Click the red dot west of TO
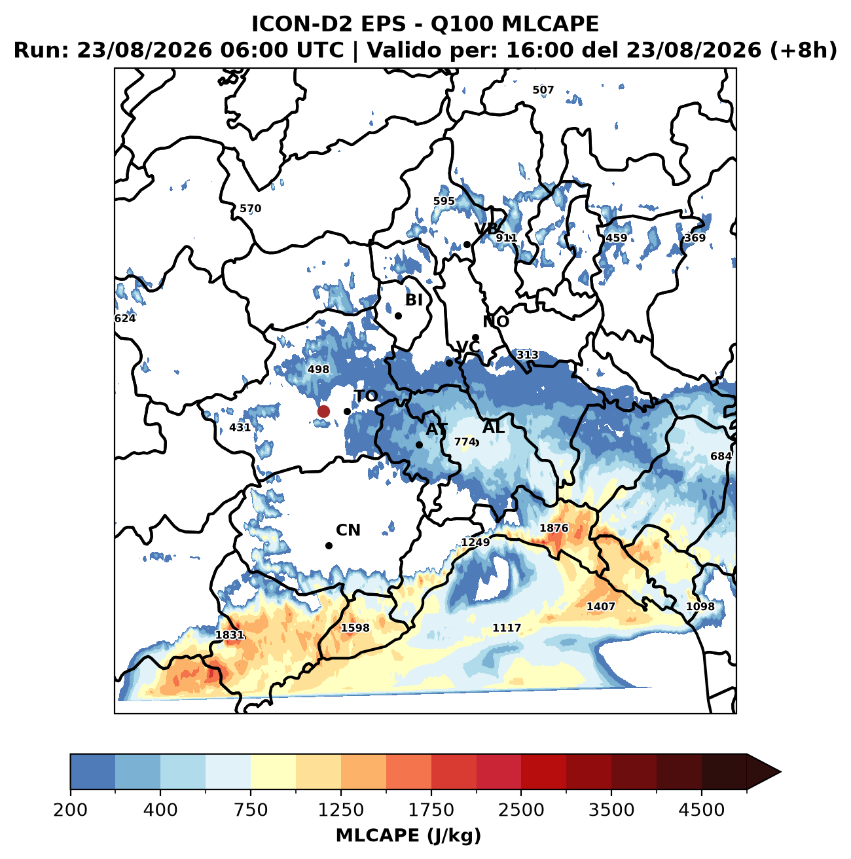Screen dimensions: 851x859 pos(323,411)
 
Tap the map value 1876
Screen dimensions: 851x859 pos(554,528)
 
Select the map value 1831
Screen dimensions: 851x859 pos(230,635)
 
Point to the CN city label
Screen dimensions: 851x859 pos(348,530)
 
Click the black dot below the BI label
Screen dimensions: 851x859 pos(399,316)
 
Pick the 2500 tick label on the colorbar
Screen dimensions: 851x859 pos(521,809)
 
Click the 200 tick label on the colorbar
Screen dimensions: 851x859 pos(71,809)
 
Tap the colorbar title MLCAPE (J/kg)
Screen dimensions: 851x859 pos(408,836)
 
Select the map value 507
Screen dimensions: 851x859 pos(543,90)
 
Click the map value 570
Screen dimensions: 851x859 pos(251,208)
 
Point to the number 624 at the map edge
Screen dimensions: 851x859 pos(125,318)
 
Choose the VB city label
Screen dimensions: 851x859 pos(486,228)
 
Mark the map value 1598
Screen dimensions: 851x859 pos(355,628)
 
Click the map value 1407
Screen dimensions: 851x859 pos(600,606)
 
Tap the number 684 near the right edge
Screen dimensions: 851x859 pos(721,456)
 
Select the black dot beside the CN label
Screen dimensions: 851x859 pos(329,545)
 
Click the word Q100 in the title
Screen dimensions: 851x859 pos(462,24)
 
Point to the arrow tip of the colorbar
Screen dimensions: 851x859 pos(781,772)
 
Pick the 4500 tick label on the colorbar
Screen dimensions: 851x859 pos(702,809)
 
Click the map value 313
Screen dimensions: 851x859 pos(528,355)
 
